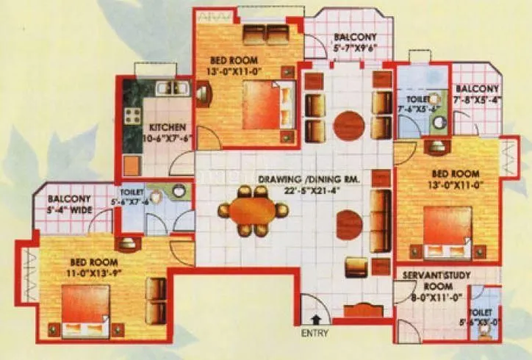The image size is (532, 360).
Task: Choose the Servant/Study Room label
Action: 429,287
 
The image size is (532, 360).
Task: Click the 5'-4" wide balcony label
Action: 69,204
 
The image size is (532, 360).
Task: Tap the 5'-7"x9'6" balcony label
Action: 356,43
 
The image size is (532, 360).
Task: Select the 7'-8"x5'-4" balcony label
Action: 478,94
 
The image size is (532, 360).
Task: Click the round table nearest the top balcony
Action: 349,125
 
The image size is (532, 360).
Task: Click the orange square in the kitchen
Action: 132,163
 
